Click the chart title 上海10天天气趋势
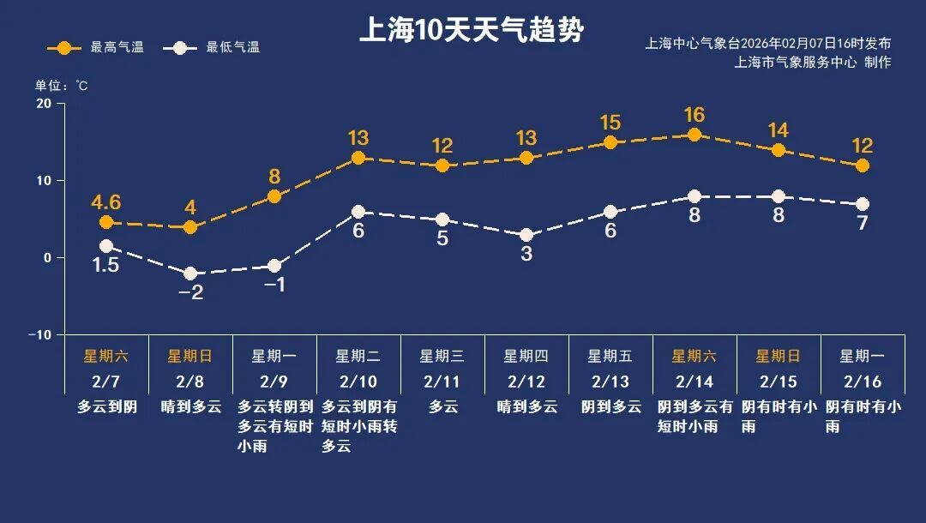471,32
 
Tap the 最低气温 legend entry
217,47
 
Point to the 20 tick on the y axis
43,104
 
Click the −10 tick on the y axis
39,334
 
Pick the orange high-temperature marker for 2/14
694,135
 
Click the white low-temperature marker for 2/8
190,274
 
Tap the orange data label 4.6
106,202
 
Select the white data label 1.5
106,266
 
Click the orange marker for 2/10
358,158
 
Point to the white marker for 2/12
526,235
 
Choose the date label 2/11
442,381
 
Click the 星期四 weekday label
526,356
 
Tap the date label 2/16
862,381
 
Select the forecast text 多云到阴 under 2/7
107,406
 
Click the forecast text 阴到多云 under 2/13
610,406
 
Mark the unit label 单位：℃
61,86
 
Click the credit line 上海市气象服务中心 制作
813,63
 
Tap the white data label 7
863,224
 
